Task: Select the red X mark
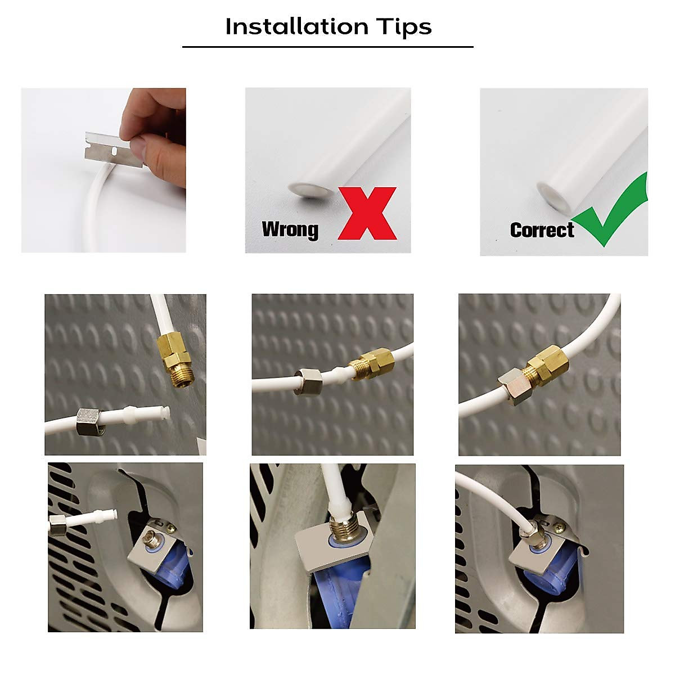367,214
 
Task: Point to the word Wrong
290,229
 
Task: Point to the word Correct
542,230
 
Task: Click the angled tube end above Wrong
309,191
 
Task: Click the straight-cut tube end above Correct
551,192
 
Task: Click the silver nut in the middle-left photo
88,422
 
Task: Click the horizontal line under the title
327,47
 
